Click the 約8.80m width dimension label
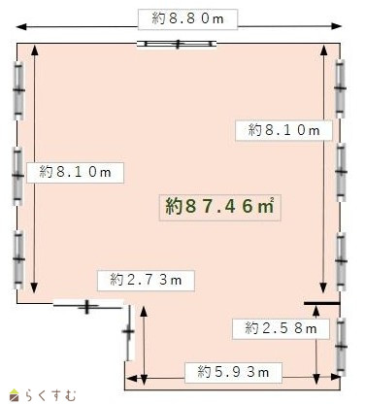(187, 19)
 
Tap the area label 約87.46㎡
(219, 207)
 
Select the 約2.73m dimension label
(146, 281)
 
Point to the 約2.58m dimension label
(281, 329)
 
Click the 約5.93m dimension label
(233, 372)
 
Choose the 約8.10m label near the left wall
(75, 173)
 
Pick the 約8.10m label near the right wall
(283, 130)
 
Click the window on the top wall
(177, 44)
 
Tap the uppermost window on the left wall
(18, 90)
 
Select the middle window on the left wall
(18, 176)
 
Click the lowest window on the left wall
(18, 259)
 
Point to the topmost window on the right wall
(340, 88)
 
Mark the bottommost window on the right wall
(341, 347)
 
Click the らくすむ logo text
(50, 395)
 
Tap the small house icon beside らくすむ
(14, 395)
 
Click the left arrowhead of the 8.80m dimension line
(21, 26)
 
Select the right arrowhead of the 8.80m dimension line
(337, 26)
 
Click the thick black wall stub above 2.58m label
(322, 303)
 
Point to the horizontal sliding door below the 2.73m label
(88, 305)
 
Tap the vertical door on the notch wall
(129, 332)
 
